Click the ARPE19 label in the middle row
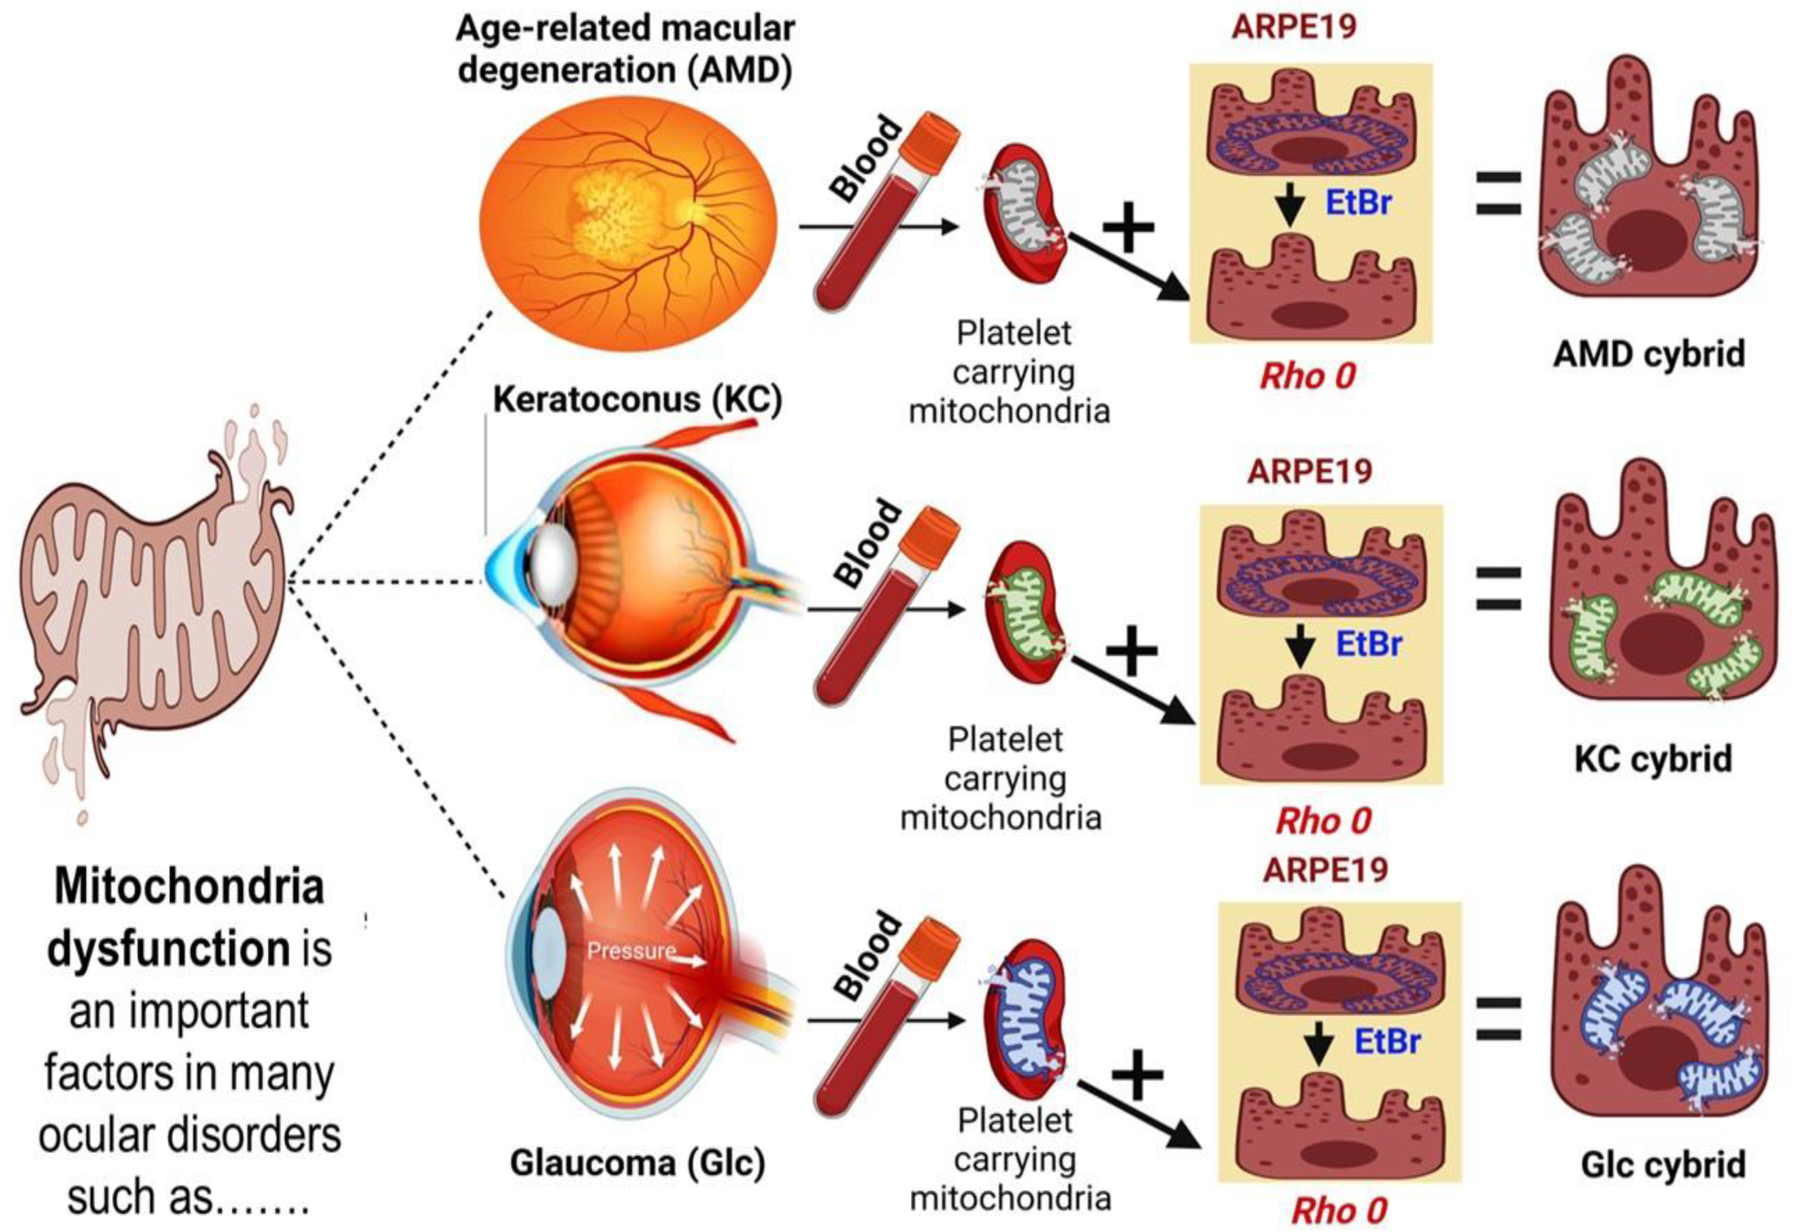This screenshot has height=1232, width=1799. [x=1310, y=471]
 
